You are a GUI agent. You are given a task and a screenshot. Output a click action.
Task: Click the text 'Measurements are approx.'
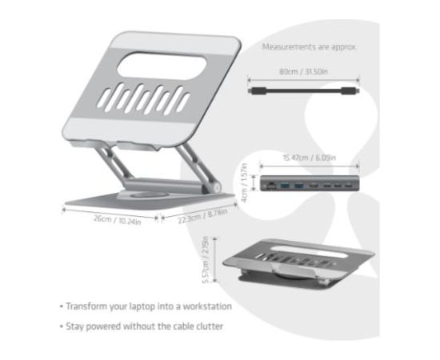(x=310, y=47)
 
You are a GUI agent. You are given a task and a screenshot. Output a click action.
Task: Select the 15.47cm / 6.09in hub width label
(x=308, y=158)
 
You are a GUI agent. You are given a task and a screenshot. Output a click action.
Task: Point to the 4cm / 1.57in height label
(x=245, y=183)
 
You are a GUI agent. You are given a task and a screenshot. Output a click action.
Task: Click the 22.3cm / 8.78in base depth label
(x=202, y=216)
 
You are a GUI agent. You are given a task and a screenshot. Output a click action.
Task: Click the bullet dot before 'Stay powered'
(x=60, y=326)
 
